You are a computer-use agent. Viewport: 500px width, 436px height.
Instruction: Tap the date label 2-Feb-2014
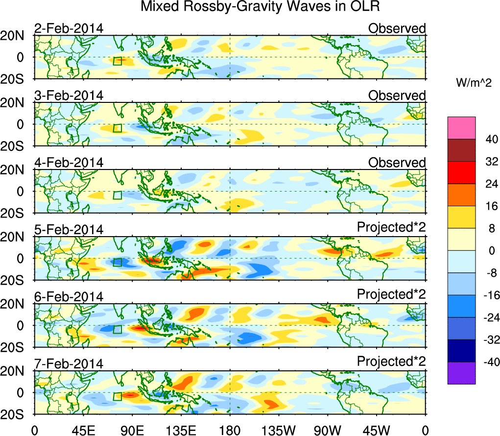click(x=69, y=28)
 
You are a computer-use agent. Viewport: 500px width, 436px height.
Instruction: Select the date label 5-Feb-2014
click(x=69, y=230)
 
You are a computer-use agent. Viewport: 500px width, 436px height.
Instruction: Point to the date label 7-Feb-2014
click(x=69, y=364)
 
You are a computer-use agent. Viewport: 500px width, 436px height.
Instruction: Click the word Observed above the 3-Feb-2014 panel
click(x=397, y=96)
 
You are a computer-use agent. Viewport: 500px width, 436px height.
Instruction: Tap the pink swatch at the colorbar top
click(x=461, y=128)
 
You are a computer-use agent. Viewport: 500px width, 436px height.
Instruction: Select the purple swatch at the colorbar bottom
click(x=461, y=373)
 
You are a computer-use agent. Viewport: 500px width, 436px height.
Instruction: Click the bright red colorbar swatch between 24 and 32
click(x=461, y=172)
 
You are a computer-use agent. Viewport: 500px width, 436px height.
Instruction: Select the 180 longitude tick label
click(x=230, y=430)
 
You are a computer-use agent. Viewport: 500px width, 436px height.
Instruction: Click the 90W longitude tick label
click(x=328, y=430)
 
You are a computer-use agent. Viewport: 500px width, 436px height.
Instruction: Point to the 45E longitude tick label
click(x=83, y=430)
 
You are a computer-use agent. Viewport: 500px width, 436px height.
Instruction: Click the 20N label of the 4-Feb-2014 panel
click(x=17, y=170)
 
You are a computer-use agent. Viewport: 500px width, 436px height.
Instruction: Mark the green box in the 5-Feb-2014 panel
click(x=117, y=262)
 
